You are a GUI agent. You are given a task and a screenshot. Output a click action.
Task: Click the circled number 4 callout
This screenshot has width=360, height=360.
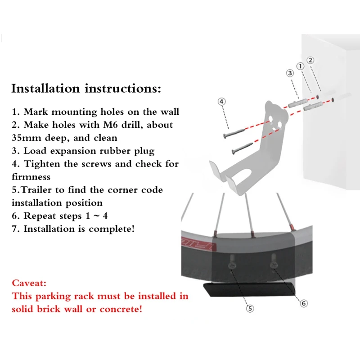221,102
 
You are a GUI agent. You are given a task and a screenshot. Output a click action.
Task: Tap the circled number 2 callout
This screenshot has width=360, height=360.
310,60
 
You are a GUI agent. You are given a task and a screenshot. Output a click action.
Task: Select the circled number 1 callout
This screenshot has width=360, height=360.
300,66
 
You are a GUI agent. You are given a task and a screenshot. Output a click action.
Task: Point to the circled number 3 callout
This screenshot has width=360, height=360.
290,73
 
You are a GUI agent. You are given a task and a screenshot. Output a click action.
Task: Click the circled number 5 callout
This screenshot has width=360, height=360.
250,308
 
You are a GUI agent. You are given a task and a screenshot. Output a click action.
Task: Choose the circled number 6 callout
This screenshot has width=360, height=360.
304,303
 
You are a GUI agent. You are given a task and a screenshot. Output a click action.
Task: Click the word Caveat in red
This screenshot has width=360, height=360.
29,283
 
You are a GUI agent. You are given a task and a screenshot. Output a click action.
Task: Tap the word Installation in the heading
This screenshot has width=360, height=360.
45,88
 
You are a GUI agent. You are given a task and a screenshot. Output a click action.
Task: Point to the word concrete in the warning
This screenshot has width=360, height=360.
121,309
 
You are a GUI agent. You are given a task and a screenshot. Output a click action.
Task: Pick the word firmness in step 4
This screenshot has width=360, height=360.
31,177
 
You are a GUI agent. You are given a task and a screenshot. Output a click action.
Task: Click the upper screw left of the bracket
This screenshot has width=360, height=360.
234,133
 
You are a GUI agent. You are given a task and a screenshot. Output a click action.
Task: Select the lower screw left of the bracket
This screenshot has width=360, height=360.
242,148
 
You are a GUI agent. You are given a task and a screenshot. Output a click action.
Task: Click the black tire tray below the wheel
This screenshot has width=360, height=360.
249,289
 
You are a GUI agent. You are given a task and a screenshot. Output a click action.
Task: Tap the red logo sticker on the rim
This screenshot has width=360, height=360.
199,243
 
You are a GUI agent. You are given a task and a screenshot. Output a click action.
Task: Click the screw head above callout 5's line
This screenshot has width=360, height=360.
232,265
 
